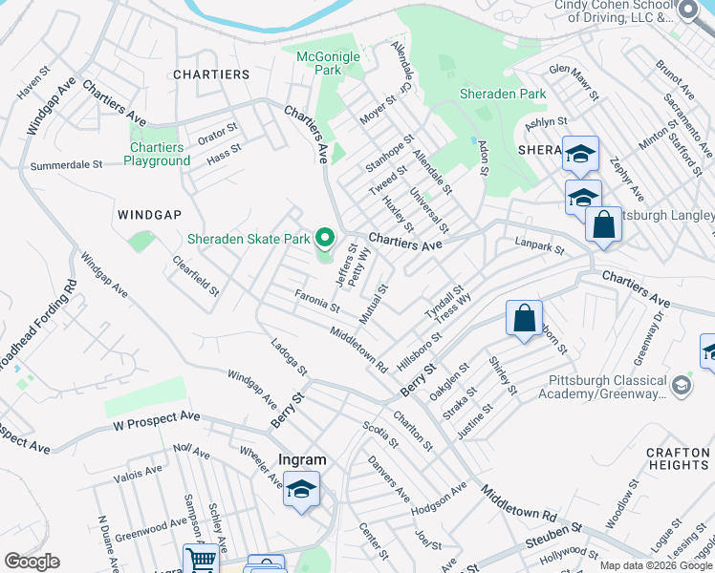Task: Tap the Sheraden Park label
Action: tap(503, 94)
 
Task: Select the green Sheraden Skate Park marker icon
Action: tap(325, 238)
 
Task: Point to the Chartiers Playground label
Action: tap(157, 154)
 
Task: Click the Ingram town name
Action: tap(302, 459)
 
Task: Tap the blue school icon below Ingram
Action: tap(302, 490)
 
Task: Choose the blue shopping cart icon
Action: tap(201, 561)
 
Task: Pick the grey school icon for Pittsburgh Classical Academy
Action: tap(681, 386)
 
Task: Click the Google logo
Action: tap(32, 562)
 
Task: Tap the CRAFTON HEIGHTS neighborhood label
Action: tap(677, 457)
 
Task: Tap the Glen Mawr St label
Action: tap(574, 82)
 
